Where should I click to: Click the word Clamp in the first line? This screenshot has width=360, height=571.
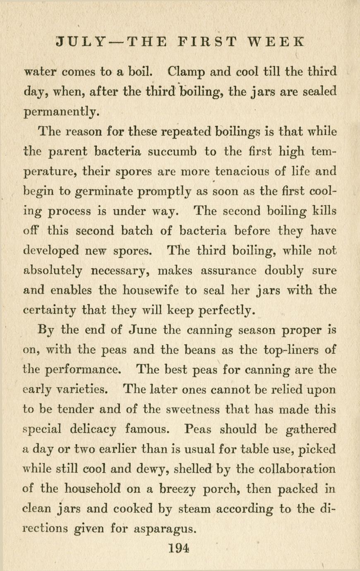tap(186, 72)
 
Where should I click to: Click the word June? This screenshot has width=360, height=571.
tap(142, 330)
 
